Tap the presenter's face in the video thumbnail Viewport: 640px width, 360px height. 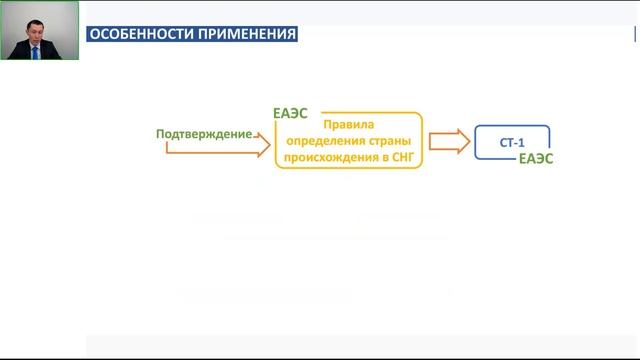click(37, 23)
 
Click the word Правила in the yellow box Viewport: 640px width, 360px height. click(348, 125)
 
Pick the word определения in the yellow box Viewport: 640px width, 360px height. click(324, 141)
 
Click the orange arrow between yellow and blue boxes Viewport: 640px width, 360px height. click(447, 141)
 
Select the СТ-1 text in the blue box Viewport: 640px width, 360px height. click(512, 144)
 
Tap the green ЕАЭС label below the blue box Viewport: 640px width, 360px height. click(536, 160)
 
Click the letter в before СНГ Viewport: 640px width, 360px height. click(381, 157)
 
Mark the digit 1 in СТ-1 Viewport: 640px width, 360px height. click(521, 144)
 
